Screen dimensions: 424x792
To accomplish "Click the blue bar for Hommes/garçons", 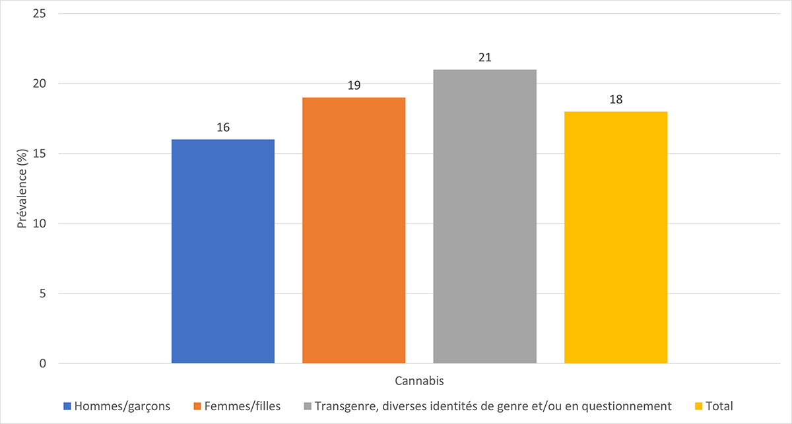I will tap(222, 251).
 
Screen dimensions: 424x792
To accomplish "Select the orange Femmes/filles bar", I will tap(354, 230).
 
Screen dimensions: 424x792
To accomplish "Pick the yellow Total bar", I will tap(616, 237).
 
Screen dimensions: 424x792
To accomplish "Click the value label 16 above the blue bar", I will tap(222, 127).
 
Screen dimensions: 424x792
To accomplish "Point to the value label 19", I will tap(354, 85).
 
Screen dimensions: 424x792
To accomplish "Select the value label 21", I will tap(484, 57).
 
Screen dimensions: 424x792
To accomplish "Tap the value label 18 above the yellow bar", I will tap(616, 100).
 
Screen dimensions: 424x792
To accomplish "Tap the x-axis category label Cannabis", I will tap(419, 381).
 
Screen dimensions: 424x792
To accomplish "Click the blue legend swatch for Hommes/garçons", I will tap(67, 406).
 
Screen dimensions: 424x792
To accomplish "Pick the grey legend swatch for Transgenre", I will tap(307, 406).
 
